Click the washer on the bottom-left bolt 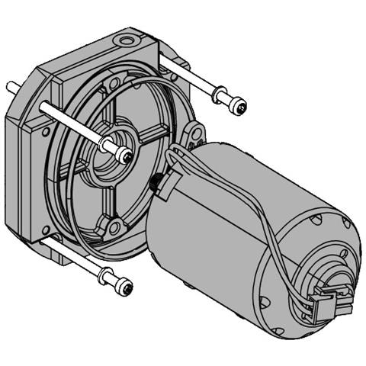tap(107, 278)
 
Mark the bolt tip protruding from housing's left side tap(11, 86)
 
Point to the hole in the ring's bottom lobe tap(114, 226)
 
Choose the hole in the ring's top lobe tap(114, 82)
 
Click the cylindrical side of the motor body tap(213, 229)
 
